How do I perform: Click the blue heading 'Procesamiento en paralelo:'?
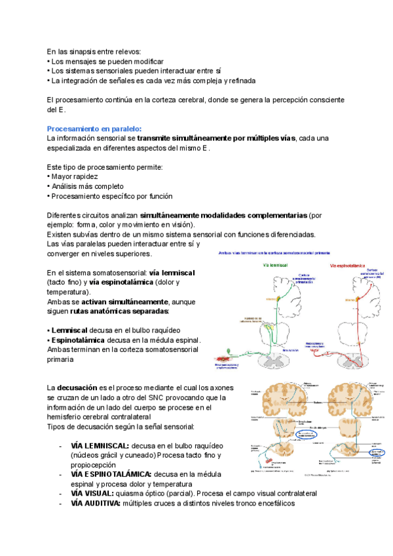pos(94,129)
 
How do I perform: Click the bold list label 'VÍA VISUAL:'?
pos(92,493)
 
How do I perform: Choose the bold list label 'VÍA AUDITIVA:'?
pos(96,503)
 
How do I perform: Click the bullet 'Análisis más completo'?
pos(88,186)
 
